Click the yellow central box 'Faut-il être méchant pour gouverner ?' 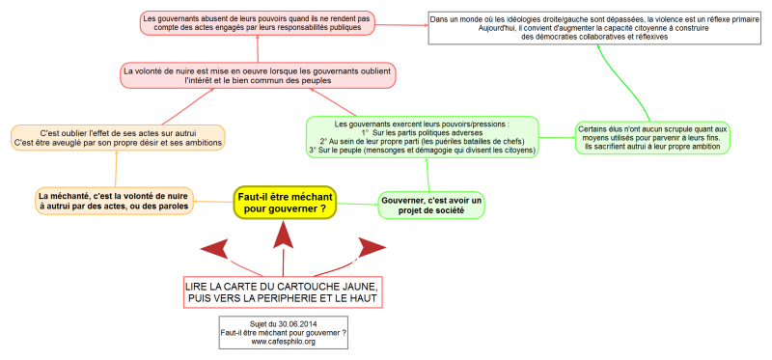pos(284,203)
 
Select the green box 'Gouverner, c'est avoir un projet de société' pos(429,204)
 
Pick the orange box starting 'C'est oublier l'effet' pos(118,137)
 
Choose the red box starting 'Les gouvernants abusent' pos(256,23)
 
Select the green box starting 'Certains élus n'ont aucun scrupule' pos(653,137)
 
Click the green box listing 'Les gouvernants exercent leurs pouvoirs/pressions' pos(422,137)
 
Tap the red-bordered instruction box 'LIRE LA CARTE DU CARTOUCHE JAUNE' pos(281,293)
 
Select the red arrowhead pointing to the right pos(371,249)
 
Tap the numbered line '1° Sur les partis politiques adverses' pos(422,131)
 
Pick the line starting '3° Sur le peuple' pos(422,150)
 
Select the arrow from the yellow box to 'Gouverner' pos(356,204)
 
